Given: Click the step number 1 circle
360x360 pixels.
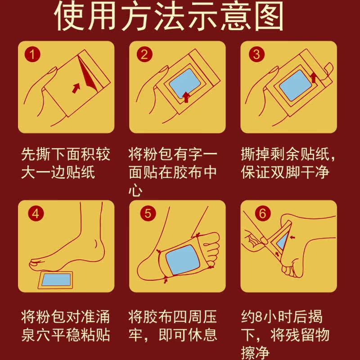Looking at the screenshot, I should pyautogui.click(x=32, y=55).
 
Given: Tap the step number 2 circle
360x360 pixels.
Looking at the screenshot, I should pyautogui.click(x=144, y=55).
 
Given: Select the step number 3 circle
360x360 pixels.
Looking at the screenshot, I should pyautogui.click(x=256, y=55).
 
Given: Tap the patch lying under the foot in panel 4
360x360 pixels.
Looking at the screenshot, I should pyautogui.click(x=55, y=279).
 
